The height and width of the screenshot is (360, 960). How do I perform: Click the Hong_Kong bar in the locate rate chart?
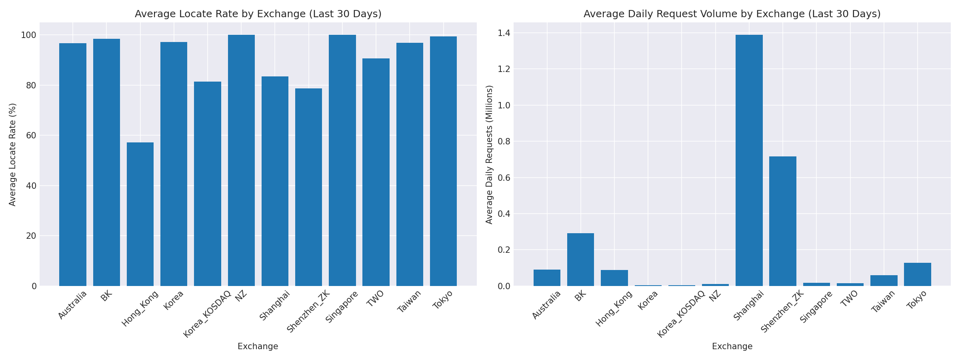[140, 214]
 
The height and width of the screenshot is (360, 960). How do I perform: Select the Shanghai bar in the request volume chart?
[749, 160]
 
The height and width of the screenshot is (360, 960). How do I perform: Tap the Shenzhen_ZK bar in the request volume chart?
[782, 221]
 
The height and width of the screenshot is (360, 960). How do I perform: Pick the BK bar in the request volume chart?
[580, 259]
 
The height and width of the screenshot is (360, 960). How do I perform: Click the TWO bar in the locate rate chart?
[376, 172]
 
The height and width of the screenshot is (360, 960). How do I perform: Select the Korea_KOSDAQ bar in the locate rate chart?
[207, 184]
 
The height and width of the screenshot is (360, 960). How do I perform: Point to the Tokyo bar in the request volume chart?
[917, 274]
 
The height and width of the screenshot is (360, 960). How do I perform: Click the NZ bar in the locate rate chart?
[241, 160]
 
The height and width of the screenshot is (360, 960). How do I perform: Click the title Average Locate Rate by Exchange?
[258, 14]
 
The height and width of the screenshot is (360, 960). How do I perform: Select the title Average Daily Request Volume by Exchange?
[732, 14]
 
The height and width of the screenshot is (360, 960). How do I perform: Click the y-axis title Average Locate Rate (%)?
[12, 154]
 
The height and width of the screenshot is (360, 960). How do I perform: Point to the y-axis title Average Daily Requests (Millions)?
[489, 154]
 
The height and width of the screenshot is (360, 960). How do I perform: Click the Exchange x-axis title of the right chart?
[732, 346]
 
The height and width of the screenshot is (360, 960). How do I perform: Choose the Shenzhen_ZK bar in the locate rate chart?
[308, 187]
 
